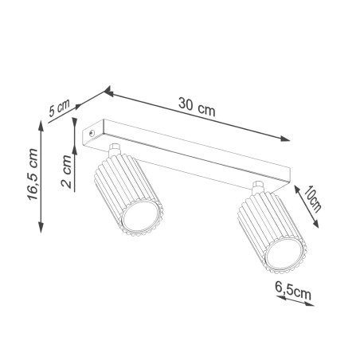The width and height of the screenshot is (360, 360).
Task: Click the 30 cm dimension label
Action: tap(196, 107)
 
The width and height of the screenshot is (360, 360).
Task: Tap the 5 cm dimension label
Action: tap(60, 108)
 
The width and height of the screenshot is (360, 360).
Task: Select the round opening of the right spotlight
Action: tap(284, 255)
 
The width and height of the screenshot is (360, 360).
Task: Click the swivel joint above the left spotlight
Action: tap(115, 150)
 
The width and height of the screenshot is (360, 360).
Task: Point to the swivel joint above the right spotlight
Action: tap(259, 188)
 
